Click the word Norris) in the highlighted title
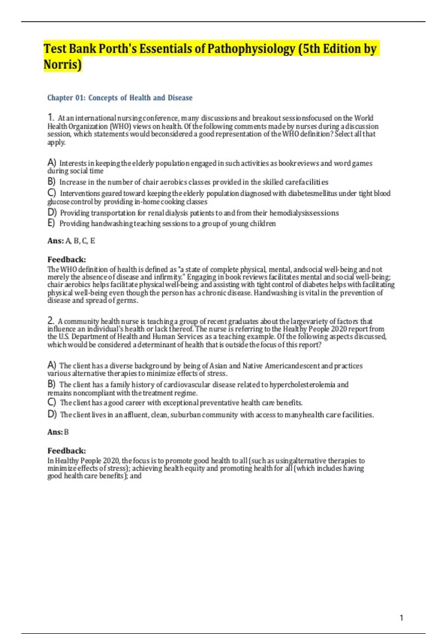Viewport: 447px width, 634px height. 62,65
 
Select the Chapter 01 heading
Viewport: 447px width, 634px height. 120,98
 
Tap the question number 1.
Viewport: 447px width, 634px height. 51,117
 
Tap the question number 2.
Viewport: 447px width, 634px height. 51,320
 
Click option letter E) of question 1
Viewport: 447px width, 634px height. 51,223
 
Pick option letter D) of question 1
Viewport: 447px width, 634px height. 52,213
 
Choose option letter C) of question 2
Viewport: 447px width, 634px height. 52,402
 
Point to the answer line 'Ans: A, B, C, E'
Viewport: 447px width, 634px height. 71,241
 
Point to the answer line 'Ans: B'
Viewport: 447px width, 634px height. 58,432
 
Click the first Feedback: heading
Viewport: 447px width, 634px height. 66,260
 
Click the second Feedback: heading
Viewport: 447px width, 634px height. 66,451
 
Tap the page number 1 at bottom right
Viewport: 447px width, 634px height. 401,618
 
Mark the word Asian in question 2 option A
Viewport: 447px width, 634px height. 218,366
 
